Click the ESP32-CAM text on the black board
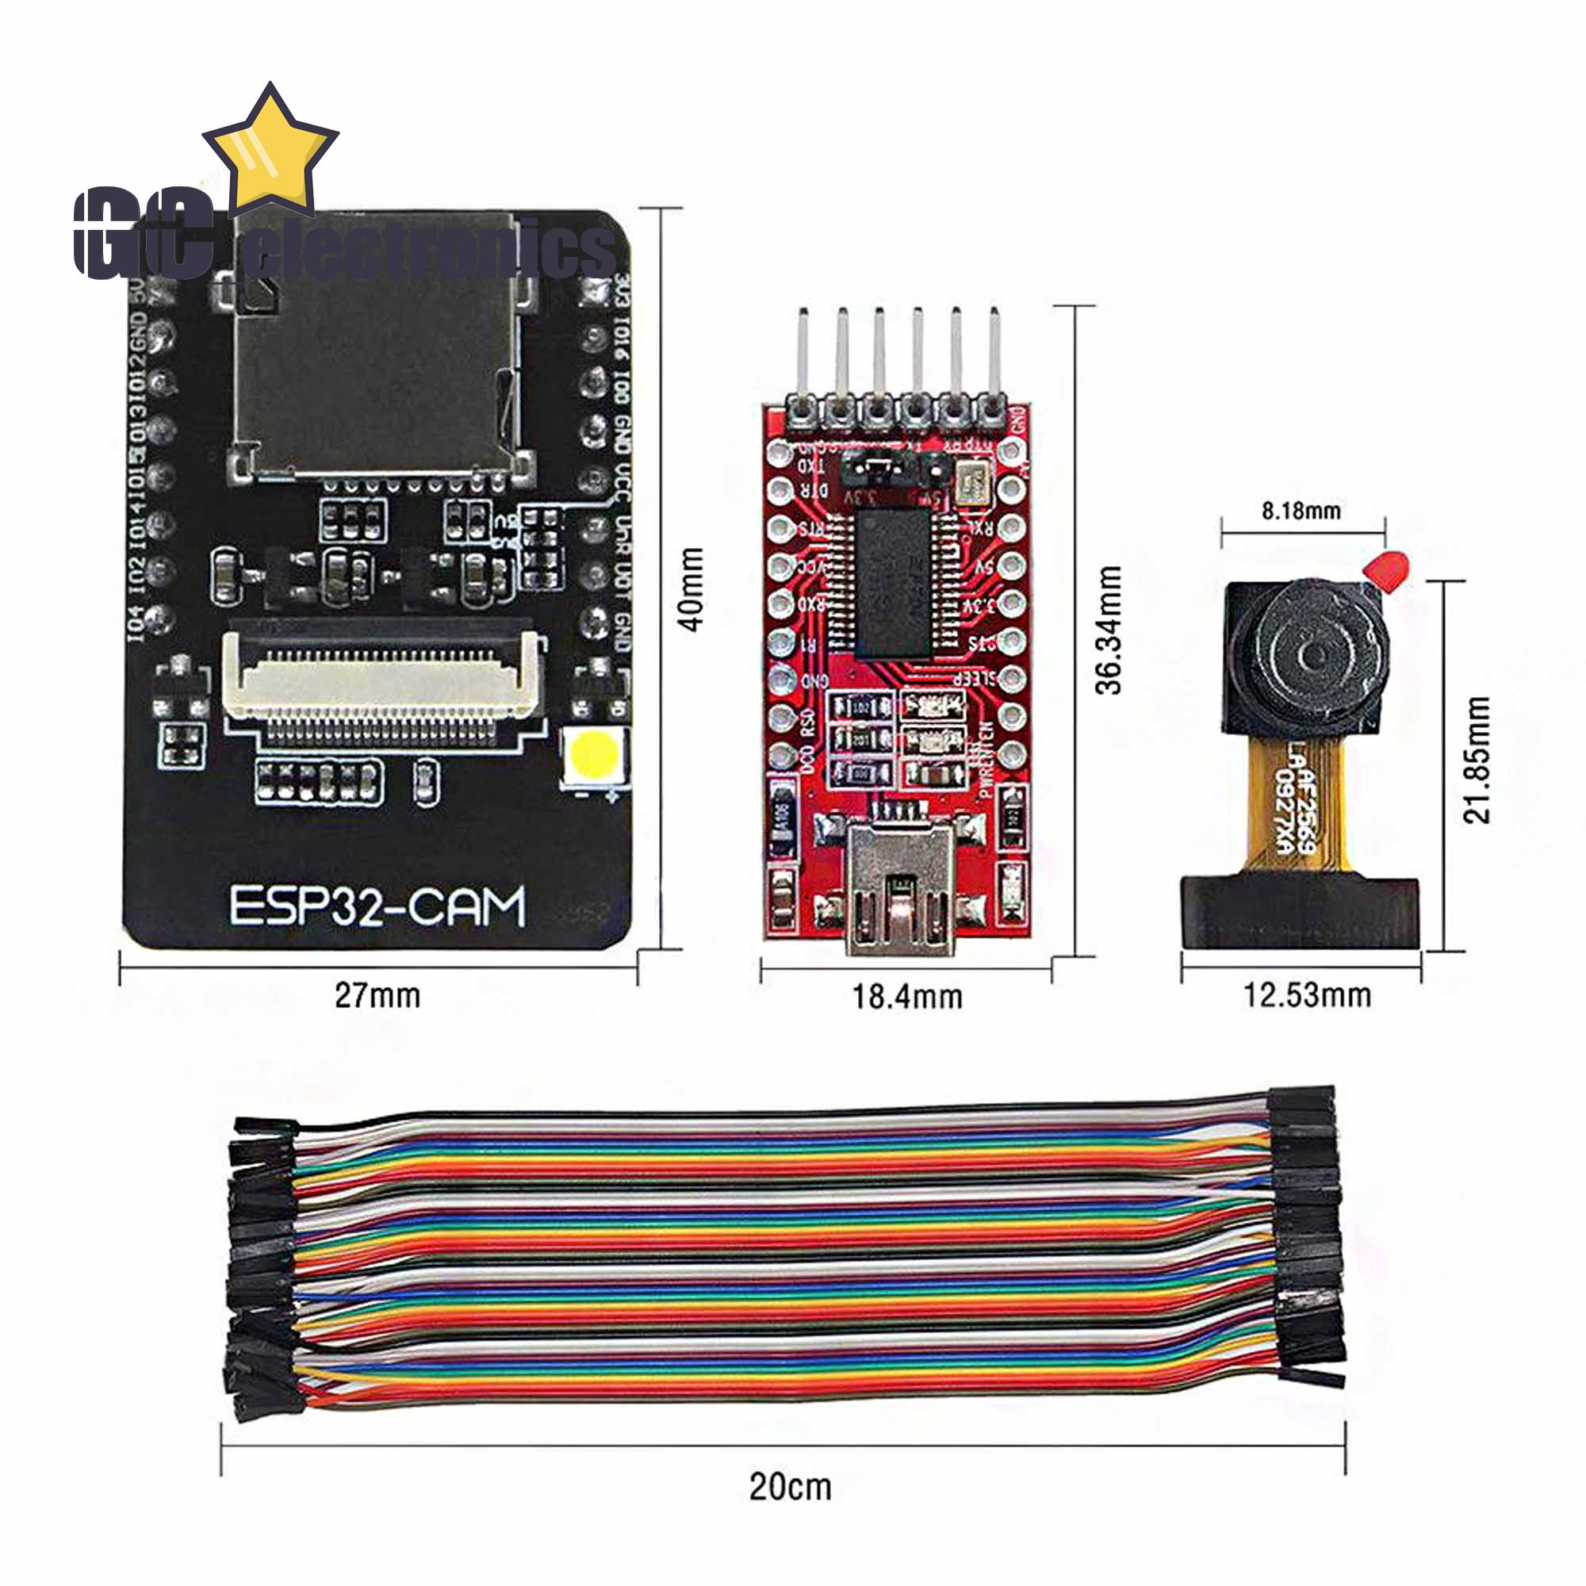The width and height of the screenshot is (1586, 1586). click(x=376, y=906)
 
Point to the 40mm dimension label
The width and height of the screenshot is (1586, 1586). click(x=692, y=588)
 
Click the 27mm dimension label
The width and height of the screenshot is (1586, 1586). click(x=377, y=995)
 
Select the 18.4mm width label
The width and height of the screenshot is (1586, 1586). click(x=906, y=997)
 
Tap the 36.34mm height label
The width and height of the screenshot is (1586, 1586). click(x=1109, y=630)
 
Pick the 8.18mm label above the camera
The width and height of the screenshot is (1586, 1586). click(x=1301, y=511)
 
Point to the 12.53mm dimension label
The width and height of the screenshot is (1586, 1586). click(x=1307, y=995)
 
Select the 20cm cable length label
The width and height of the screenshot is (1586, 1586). click(x=790, y=1486)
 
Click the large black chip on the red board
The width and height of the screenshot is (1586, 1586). click(x=893, y=583)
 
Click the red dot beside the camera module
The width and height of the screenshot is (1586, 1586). click(x=1386, y=570)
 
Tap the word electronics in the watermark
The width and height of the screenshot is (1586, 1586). click(x=427, y=251)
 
